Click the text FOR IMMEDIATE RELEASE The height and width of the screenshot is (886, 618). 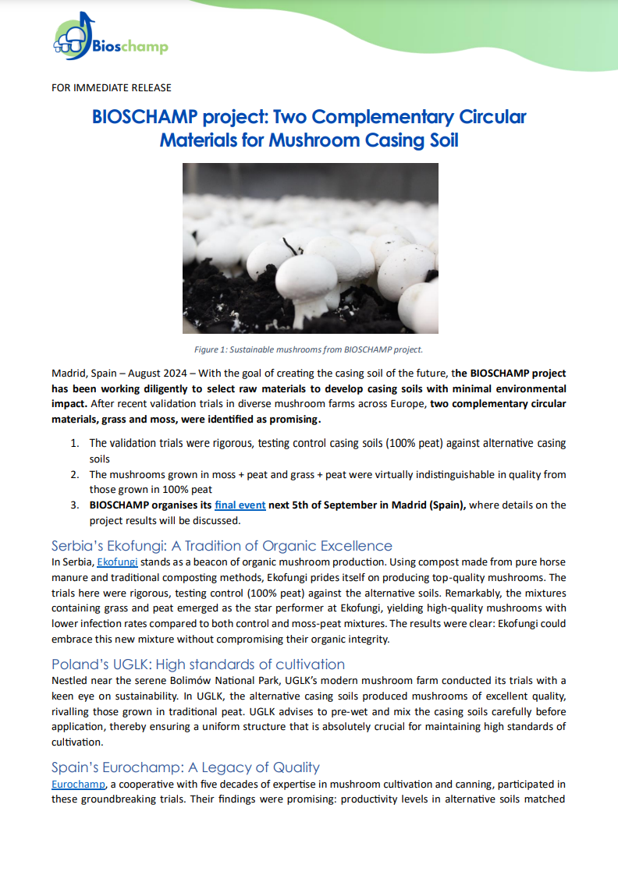(x=112, y=87)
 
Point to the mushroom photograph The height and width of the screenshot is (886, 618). (x=310, y=248)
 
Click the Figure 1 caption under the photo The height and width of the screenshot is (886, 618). (x=309, y=349)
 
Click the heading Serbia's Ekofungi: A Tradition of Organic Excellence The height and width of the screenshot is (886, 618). (x=222, y=544)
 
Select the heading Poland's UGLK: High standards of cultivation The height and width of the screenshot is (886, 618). (x=198, y=664)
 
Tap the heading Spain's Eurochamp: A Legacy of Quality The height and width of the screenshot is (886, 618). (x=186, y=767)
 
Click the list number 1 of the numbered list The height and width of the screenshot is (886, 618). (x=75, y=443)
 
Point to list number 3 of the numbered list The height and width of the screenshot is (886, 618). (x=75, y=505)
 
